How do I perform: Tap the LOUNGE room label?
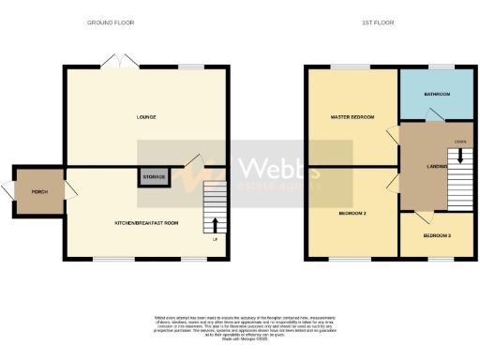[145, 117]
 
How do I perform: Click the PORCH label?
[39, 191]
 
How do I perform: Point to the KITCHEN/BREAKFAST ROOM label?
[145, 223]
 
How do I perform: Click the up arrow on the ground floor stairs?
[217, 224]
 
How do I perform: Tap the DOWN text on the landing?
[459, 142]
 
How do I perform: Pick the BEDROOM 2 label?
[352, 214]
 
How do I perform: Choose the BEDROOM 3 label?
[437, 235]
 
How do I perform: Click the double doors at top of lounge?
[121, 61]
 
